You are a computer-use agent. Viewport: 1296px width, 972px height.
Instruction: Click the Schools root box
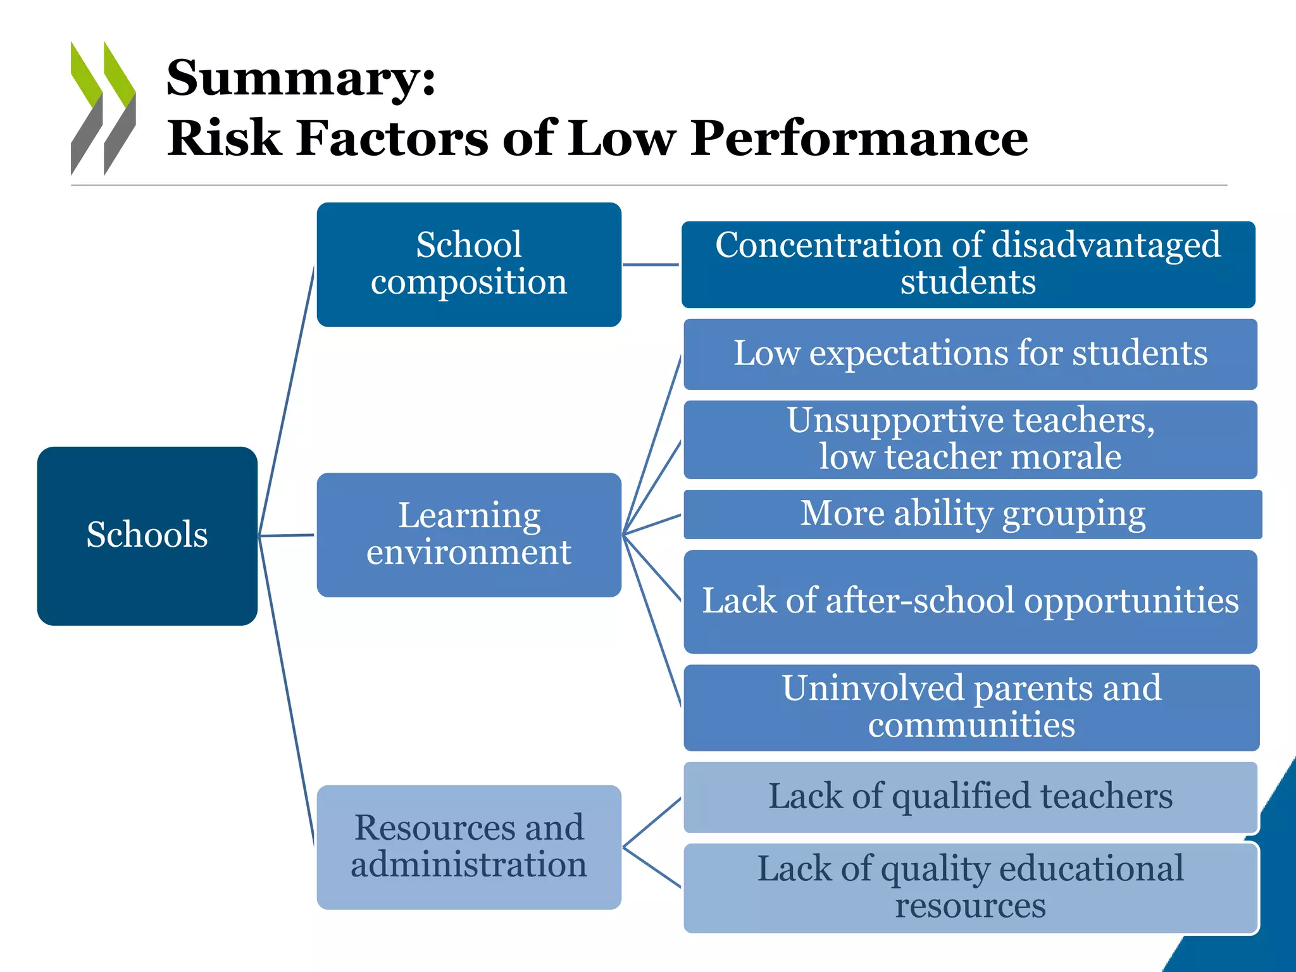(x=147, y=535)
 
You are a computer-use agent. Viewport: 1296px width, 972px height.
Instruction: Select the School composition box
(x=468, y=264)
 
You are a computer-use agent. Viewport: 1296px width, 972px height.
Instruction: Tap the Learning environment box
(x=468, y=534)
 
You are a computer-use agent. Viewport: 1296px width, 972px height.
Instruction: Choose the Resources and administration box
(x=468, y=847)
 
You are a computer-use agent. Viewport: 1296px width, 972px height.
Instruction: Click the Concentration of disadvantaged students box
(x=968, y=264)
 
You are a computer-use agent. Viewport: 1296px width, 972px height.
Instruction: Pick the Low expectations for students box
(x=969, y=354)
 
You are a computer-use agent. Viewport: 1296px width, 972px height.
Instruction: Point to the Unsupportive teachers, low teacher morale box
(x=969, y=439)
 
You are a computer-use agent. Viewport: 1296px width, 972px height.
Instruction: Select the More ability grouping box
(x=972, y=514)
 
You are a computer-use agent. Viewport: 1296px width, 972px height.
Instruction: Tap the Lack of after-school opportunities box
(x=969, y=601)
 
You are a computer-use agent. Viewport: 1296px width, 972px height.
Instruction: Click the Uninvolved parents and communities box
(x=971, y=707)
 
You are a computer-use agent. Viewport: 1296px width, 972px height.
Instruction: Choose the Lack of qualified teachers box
(x=969, y=797)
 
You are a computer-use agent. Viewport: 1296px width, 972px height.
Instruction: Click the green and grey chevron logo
(x=103, y=108)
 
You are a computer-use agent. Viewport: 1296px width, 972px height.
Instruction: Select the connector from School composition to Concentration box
(x=651, y=265)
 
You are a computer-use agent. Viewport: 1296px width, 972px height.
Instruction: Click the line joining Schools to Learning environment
(x=287, y=535)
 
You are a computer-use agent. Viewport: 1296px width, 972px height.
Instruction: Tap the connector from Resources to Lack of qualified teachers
(x=652, y=822)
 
